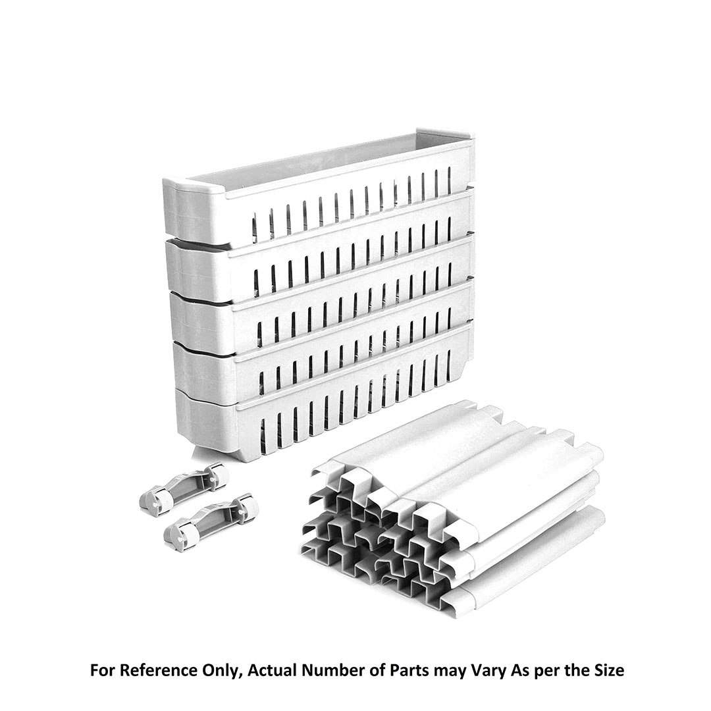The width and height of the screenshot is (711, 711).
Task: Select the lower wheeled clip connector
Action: click(x=211, y=519)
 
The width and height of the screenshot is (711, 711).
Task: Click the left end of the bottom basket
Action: click(x=204, y=422)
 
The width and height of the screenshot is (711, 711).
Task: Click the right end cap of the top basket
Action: click(x=446, y=154)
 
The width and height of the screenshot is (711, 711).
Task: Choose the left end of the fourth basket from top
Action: click(x=203, y=369)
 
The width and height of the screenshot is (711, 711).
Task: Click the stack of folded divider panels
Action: click(x=454, y=510)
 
